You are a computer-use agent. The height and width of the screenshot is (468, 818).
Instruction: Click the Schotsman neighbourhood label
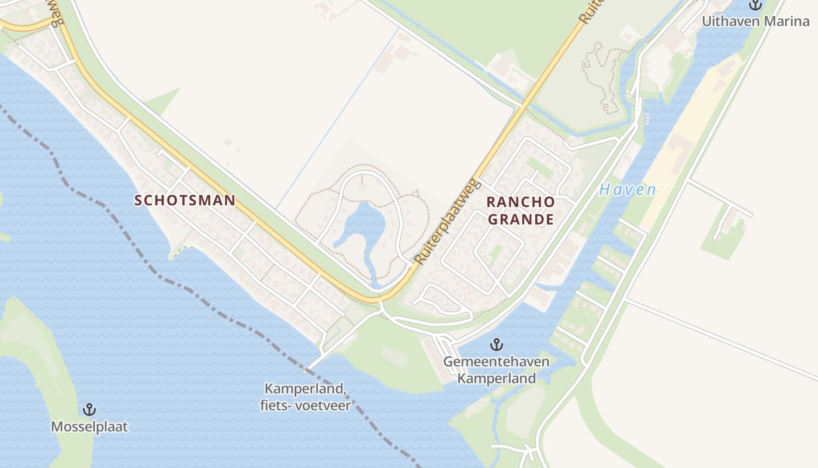(x=185, y=200)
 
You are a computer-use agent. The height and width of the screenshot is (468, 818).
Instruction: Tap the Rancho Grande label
(x=521, y=211)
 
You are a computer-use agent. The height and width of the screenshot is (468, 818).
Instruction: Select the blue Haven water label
(x=628, y=190)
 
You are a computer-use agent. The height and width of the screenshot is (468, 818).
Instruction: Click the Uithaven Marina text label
(x=755, y=22)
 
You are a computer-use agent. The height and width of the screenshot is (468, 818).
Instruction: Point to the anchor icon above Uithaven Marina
(x=756, y=5)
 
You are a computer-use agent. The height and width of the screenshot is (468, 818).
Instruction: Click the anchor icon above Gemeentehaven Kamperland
(x=497, y=345)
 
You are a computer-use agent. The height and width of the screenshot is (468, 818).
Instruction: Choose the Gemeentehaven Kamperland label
(x=496, y=370)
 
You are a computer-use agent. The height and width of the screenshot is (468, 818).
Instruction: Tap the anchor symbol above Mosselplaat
(x=89, y=409)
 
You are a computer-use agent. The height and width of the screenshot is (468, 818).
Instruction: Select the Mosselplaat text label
(x=89, y=426)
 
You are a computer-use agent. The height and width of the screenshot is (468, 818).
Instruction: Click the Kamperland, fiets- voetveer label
(x=306, y=397)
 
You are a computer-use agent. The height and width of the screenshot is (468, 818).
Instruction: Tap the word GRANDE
(x=521, y=219)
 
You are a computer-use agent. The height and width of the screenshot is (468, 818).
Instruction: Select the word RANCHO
(x=521, y=202)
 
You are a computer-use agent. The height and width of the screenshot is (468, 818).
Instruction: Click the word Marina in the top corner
(x=787, y=22)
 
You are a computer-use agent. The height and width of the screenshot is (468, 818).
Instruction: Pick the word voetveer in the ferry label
(x=327, y=405)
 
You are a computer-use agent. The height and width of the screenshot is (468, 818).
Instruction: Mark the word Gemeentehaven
(x=496, y=362)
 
